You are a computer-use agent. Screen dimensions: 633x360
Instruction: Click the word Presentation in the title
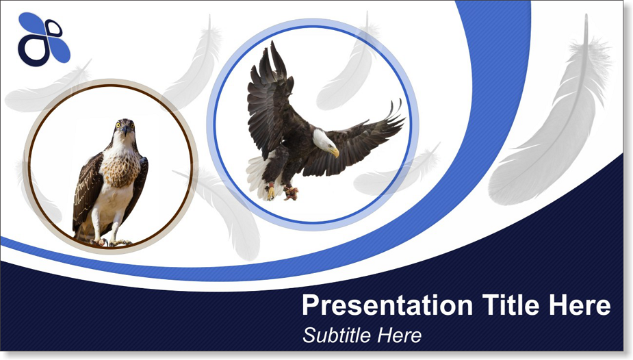387,305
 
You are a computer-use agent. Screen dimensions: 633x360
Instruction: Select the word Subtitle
337,335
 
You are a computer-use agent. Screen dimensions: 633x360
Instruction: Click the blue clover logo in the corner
44,39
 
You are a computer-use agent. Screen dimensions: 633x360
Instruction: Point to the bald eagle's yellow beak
335,153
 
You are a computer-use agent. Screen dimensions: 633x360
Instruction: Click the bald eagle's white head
324,140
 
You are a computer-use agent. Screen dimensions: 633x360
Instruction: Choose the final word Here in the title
580,305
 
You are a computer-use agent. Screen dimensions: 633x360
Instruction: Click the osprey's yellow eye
118,125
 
